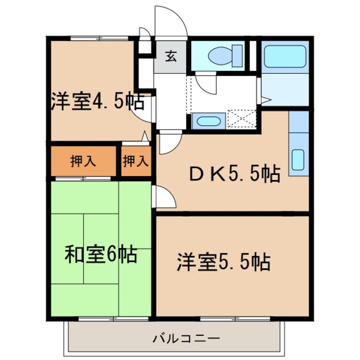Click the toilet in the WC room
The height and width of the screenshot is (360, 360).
225,56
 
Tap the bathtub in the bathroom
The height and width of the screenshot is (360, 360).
285,57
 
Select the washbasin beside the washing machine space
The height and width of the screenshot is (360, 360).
209,121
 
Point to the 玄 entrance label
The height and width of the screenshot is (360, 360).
171,56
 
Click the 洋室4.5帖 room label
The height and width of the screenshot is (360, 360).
97,101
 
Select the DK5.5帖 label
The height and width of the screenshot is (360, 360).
234,173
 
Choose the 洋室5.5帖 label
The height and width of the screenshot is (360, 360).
223,262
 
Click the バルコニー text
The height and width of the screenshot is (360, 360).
186,339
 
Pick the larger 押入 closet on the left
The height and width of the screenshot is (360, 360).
83,161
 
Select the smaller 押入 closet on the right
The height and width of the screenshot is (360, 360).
136,161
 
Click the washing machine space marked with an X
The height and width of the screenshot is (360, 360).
242,118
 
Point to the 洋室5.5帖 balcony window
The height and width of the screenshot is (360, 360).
235,319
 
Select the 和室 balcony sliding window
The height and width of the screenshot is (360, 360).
114,319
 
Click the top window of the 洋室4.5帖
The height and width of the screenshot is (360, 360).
99,38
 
